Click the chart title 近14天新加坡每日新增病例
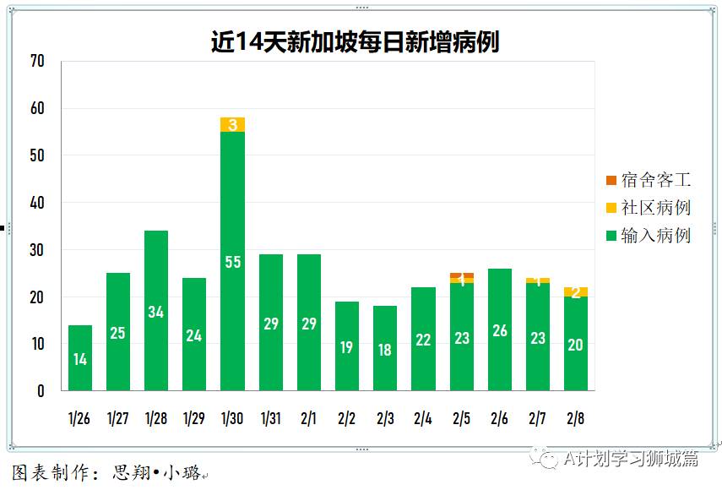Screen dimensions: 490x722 [x=355, y=41]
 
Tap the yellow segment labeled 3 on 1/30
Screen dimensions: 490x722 [x=232, y=125]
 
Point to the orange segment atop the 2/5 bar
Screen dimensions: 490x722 [x=462, y=275]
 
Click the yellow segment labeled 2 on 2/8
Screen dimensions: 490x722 [x=576, y=292]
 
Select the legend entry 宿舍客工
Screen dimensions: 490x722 [x=648, y=180]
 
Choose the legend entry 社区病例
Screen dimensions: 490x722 [x=648, y=208]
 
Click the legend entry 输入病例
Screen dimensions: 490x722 [x=648, y=236]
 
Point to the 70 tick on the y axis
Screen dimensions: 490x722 [x=36, y=62]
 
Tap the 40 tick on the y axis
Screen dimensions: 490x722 [x=36, y=203]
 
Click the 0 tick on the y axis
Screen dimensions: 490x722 [x=40, y=391]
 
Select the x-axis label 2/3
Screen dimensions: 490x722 [x=385, y=417]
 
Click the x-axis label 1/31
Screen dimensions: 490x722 [x=270, y=417]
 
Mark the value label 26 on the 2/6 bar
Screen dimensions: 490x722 [x=500, y=330]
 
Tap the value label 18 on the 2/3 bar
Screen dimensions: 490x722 [x=385, y=349]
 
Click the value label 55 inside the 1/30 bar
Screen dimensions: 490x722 [x=232, y=262]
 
